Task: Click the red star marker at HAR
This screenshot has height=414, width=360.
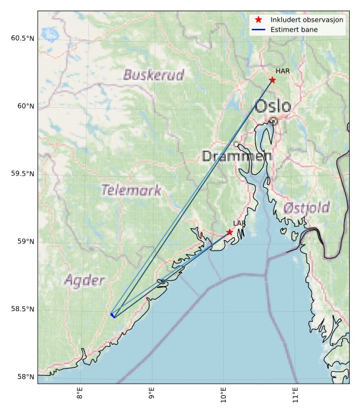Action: tap(272, 80)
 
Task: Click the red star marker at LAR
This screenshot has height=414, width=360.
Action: tap(230, 232)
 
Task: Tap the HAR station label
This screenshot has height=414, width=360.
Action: tap(283, 71)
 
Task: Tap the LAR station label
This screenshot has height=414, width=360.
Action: tap(240, 224)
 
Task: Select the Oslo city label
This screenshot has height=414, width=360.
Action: tap(273, 107)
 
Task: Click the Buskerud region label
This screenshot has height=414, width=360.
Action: tap(154, 75)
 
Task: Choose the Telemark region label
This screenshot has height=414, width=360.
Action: tap(131, 191)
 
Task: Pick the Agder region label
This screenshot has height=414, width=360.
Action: tap(84, 280)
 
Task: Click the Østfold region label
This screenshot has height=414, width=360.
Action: tap(306, 208)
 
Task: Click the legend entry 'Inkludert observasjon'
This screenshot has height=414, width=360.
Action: tap(307, 20)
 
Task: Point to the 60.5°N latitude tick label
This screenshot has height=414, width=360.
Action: tap(22, 38)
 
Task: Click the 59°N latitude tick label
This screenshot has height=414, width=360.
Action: tap(25, 241)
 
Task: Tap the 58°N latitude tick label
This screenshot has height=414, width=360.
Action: tap(25, 376)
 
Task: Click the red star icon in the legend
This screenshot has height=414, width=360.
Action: tap(258, 20)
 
